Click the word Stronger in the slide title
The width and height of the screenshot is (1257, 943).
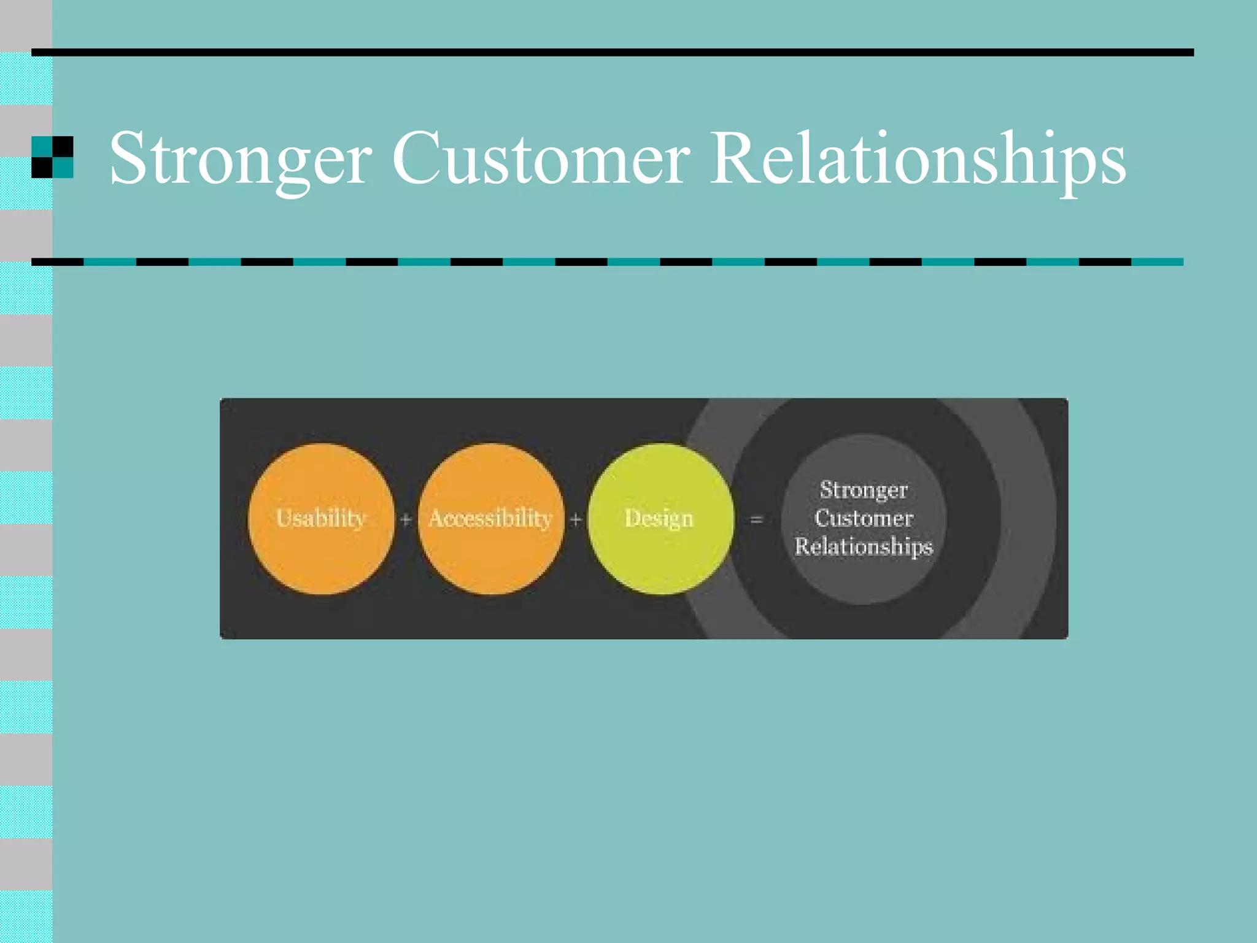pyautogui.click(x=241, y=158)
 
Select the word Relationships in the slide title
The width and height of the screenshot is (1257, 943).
pyautogui.click(x=918, y=158)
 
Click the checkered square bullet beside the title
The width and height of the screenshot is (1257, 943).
pyautogui.click(x=52, y=157)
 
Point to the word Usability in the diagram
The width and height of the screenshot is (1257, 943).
pyautogui.click(x=321, y=518)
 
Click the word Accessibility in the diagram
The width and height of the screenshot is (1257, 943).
pyautogui.click(x=490, y=518)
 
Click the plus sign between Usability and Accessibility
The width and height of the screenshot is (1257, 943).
pyautogui.click(x=406, y=520)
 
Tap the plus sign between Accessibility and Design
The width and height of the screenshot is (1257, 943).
pyautogui.click(x=576, y=520)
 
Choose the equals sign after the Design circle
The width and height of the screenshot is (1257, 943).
pyautogui.click(x=757, y=520)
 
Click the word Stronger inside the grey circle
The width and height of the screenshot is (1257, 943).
pyautogui.click(x=864, y=490)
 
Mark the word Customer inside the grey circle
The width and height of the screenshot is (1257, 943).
pyautogui.click(x=864, y=518)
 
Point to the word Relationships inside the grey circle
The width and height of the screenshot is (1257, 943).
pyautogui.click(x=864, y=546)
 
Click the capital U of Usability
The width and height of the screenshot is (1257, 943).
pyautogui.click(x=284, y=517)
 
